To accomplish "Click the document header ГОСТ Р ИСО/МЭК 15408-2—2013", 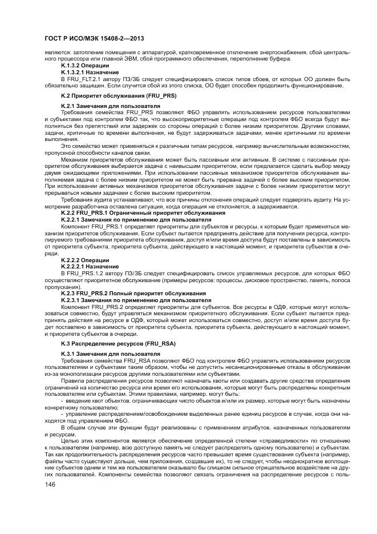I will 94,38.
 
